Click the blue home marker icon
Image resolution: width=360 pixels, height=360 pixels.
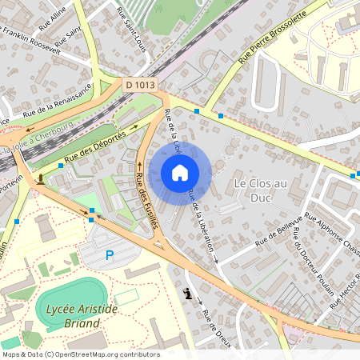(180, 172)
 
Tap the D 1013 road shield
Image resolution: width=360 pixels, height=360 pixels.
(141, 84)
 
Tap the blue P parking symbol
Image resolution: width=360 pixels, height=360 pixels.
(110, 255)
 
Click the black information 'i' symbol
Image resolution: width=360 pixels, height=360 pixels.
(187, 294)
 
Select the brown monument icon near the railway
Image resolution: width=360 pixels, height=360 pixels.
(40, 177)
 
